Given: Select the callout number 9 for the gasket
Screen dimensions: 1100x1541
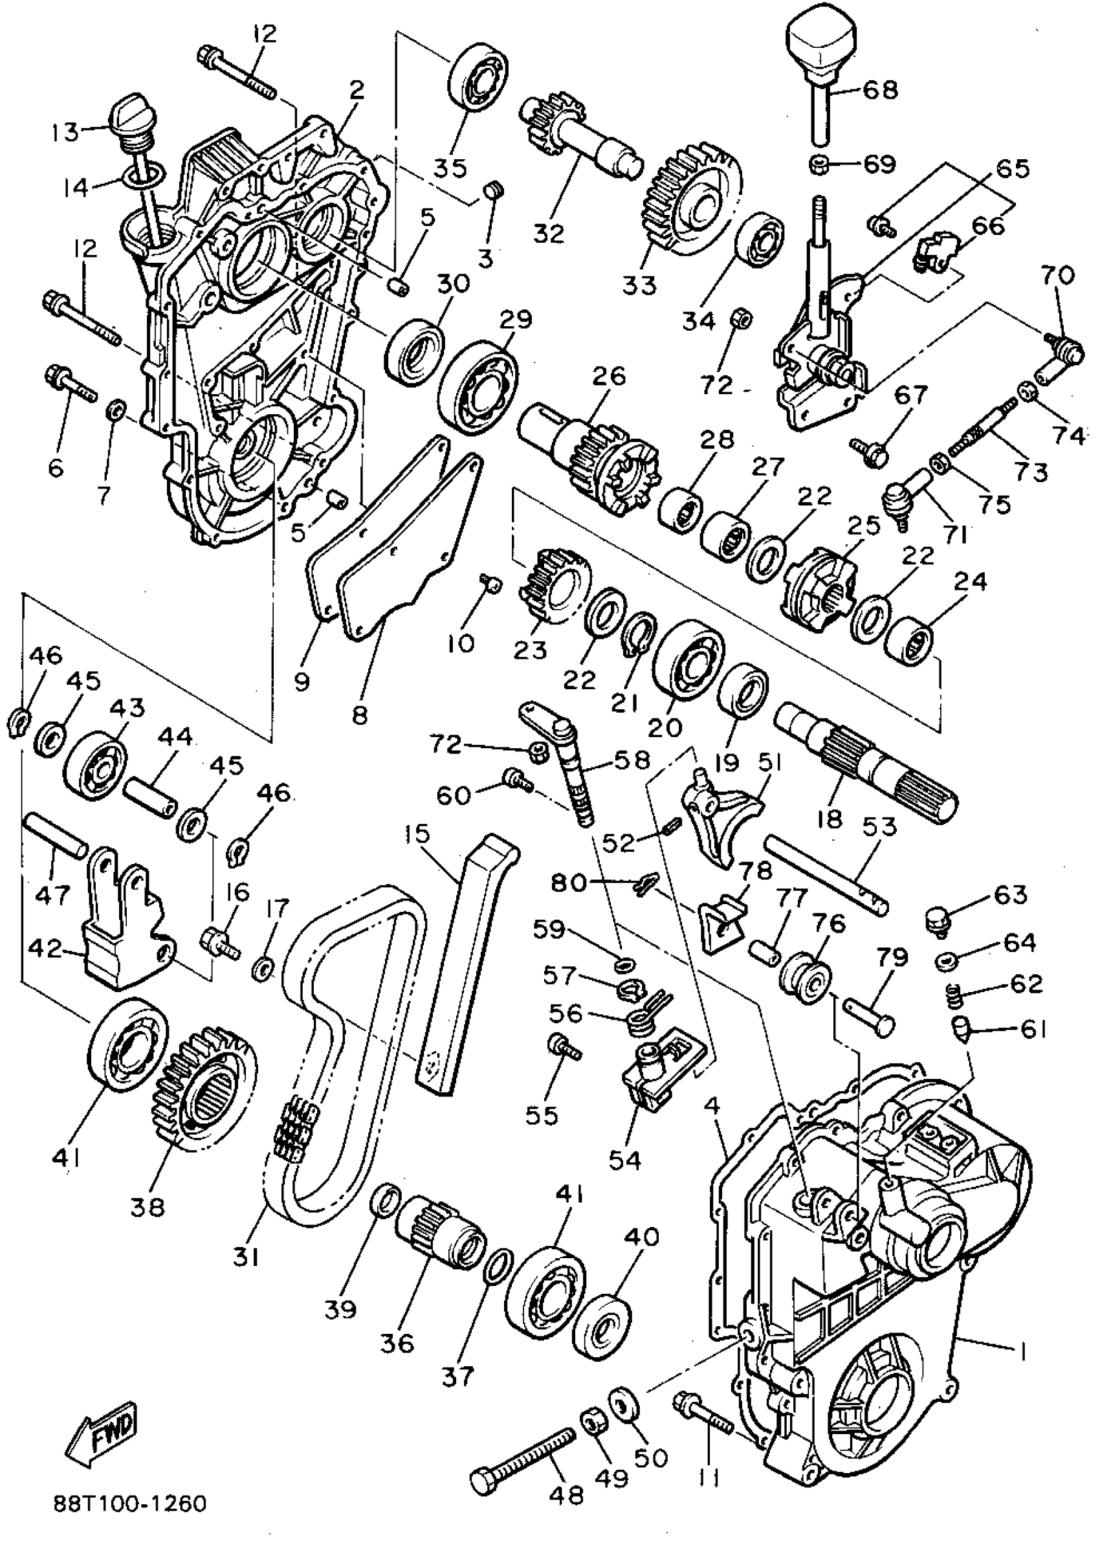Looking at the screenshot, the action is [302, 681].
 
